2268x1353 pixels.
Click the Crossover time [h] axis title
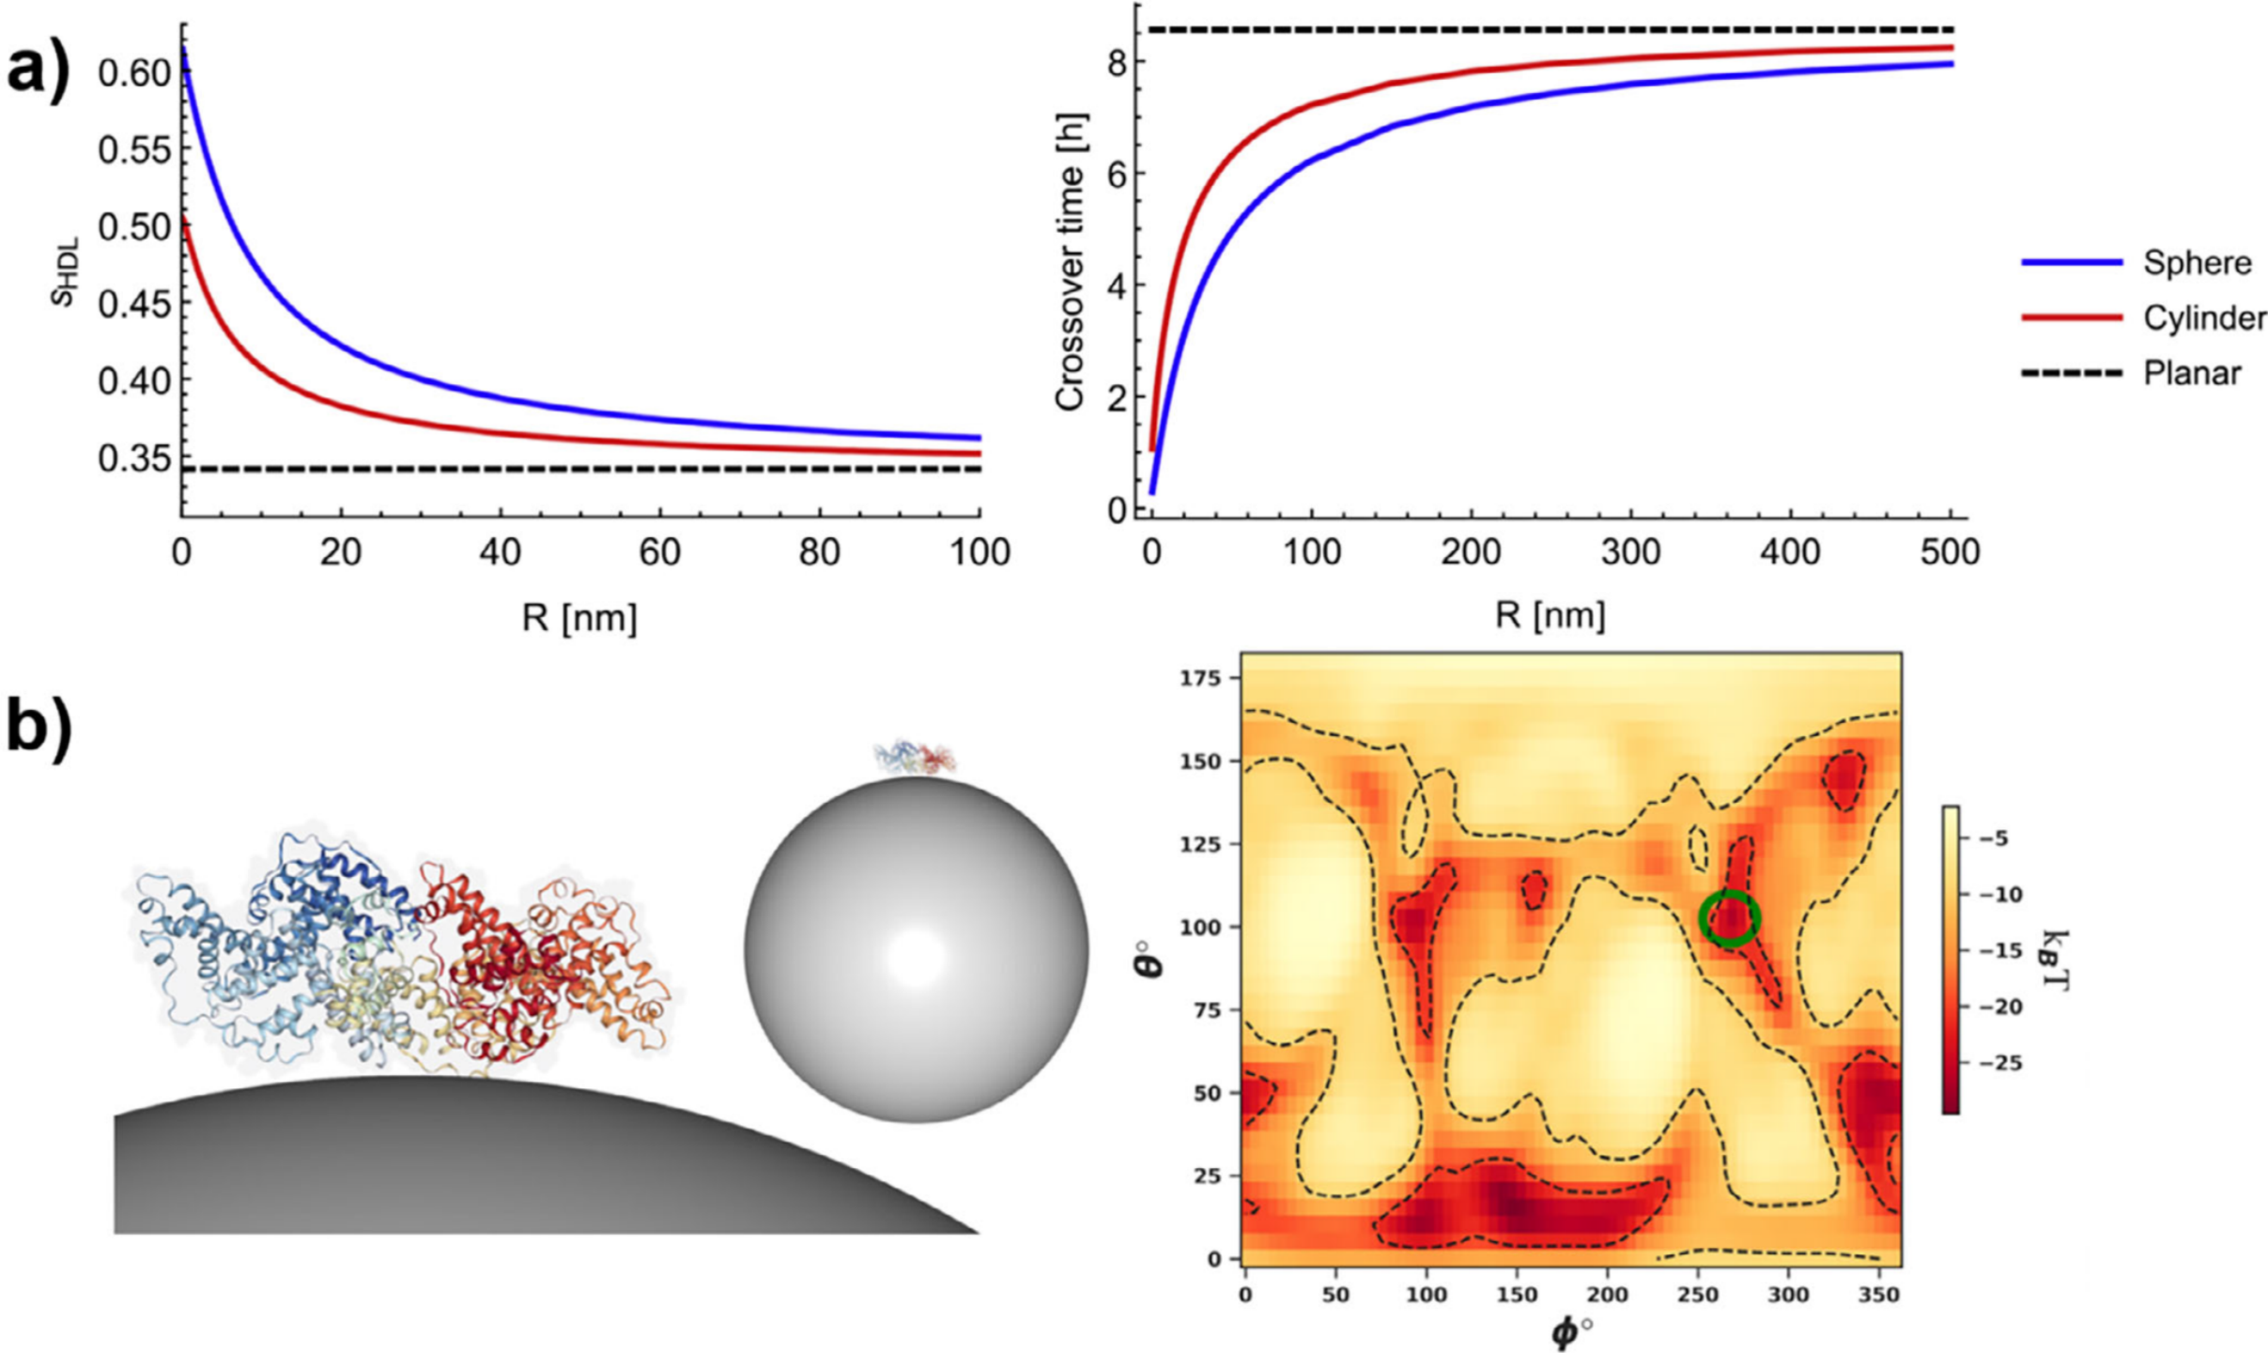tap(1070, 263)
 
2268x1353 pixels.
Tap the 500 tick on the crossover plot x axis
tap(1950, 552)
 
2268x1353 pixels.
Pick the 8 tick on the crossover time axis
tap(1115, 62)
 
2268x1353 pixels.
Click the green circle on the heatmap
tap(1729, 918)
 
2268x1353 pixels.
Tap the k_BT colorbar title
tap(2057, 959)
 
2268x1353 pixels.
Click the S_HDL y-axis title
tap(64, 271)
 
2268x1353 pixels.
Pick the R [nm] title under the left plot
tap(579, 617)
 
